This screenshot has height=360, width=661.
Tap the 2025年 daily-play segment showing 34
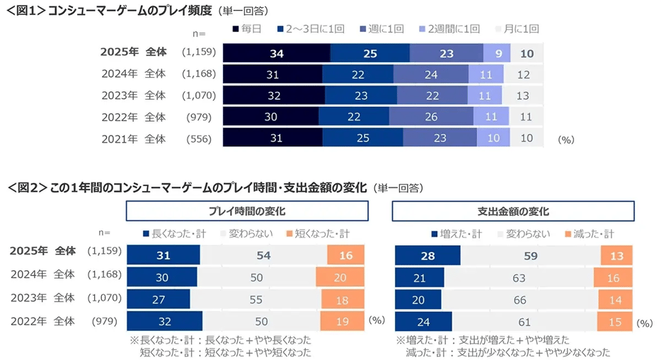[277, 53]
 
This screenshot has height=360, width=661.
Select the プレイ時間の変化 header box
[247, 211]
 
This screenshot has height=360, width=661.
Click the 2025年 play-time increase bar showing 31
[163, 255]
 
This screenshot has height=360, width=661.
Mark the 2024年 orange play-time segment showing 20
[340, 277]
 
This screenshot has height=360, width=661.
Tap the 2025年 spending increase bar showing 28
[427, 255]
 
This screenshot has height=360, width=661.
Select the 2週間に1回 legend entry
[450, 29]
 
